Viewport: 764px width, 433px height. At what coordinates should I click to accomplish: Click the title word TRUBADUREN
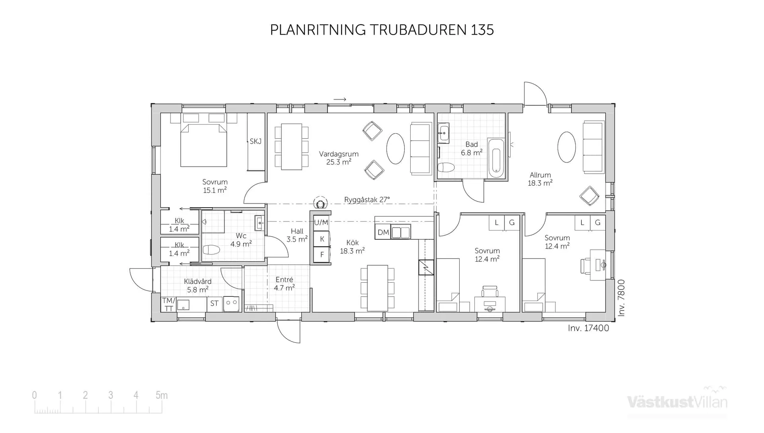(418, 30)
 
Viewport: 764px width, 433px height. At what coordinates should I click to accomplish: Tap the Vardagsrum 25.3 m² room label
(339, 158)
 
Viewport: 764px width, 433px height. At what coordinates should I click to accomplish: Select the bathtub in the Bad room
(496, 158)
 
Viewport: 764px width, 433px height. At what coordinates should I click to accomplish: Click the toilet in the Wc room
(211, 250)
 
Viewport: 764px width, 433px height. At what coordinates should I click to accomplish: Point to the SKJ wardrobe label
(255, 142)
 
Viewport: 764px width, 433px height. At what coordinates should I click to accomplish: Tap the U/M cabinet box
(321, 223)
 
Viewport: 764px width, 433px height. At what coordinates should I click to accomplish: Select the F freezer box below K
(322, 254)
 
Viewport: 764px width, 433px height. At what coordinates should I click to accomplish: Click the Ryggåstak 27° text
(367, 200)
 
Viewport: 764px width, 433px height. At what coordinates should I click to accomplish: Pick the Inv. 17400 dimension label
(588, 328)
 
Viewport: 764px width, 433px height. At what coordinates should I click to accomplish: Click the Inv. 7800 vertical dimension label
(622, 298)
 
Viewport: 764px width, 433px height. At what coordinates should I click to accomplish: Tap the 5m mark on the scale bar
(162, 395)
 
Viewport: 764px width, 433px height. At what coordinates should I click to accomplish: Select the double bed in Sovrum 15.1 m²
(204, 145)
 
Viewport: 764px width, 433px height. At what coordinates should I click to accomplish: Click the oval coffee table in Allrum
(566, 147)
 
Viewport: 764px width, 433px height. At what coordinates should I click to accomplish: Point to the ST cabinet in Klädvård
(214, 304)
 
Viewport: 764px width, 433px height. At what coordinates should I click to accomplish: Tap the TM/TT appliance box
(169, 305)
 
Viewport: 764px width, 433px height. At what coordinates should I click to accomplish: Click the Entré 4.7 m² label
(284, 284)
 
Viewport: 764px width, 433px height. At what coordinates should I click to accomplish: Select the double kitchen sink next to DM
(400, 232)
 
